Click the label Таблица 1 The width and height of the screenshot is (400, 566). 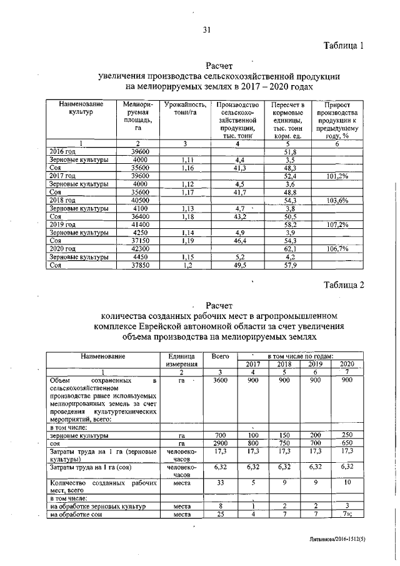[x=342, y=46]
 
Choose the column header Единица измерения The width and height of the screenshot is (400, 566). [x=182, y=360]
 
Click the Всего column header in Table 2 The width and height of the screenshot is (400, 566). [x=219, y=356]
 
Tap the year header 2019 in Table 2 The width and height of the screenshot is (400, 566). [x=315, y=364]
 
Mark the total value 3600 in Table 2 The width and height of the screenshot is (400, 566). [x=219, y=380]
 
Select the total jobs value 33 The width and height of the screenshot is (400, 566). [x=219, y=482]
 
